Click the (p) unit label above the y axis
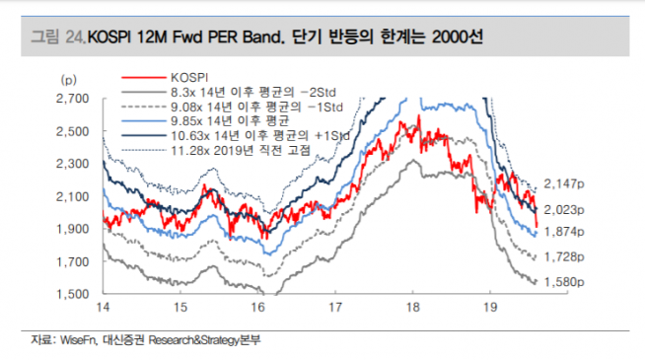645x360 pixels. coord(69,77)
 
